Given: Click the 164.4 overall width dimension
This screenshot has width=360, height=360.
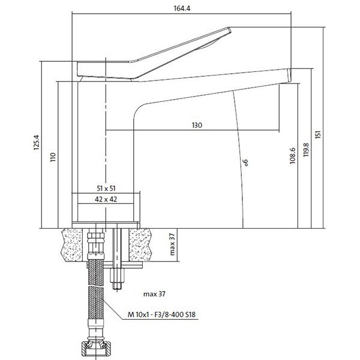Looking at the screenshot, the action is [x=182, y=8].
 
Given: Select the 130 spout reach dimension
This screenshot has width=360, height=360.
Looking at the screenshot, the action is [x=197, y=125].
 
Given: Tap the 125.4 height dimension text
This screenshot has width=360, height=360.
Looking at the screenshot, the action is [x=37, y=142].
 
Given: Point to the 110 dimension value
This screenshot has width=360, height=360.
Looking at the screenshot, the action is [x=53, y=157].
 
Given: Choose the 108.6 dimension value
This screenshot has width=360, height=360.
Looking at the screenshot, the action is [x=293, y=155].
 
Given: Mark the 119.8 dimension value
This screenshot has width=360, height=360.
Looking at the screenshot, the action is [x=306, y=150].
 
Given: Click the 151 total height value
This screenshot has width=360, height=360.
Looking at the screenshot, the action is [x=318, y=134].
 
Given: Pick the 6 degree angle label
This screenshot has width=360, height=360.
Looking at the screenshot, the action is [x=245, y=163].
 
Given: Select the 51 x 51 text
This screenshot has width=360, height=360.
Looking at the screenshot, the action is [x=106, y=188].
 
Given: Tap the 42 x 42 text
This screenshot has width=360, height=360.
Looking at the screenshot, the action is [x=106, y=199].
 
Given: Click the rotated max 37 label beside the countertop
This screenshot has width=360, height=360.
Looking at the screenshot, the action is [x=172, y=244].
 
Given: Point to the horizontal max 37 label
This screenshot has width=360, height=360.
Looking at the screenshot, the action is [x=154, y=294].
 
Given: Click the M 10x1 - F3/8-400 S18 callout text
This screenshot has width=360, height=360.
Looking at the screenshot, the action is [x=161, y=314].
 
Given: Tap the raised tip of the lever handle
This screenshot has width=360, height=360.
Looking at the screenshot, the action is [x=229, y=29].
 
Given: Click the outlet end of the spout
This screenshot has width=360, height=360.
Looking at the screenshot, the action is [x=289, y=76].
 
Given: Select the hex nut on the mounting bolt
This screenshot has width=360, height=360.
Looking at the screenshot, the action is [x=118, y=275].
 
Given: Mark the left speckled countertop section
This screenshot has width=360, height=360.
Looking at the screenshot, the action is [x=72, y=245].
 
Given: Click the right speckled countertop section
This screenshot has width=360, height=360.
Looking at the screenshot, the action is [x=140, y=245].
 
